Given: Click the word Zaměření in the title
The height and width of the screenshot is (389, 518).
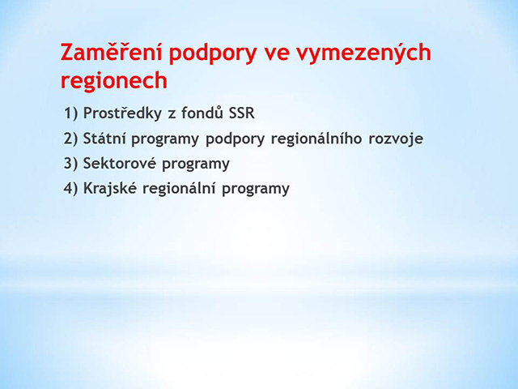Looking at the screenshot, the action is click(112, 52).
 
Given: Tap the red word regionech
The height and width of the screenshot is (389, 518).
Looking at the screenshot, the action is click(114, 81).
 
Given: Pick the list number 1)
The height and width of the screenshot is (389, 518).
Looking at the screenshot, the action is click(70, 113).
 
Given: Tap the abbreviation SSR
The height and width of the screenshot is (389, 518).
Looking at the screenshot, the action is click(241, 113).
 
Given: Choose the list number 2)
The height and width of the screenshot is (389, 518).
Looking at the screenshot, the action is click(70, 139).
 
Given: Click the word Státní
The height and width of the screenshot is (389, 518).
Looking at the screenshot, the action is click(104, 138).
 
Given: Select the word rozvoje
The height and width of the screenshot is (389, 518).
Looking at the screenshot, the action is click(396, 139).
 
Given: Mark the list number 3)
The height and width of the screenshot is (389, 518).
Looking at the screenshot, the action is click(70, 164).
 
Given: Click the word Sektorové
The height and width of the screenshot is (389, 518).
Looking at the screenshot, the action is click(119, 163).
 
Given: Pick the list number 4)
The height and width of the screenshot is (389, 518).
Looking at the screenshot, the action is click(70, 188).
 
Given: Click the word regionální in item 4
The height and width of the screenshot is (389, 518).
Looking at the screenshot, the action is click(179, 189).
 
